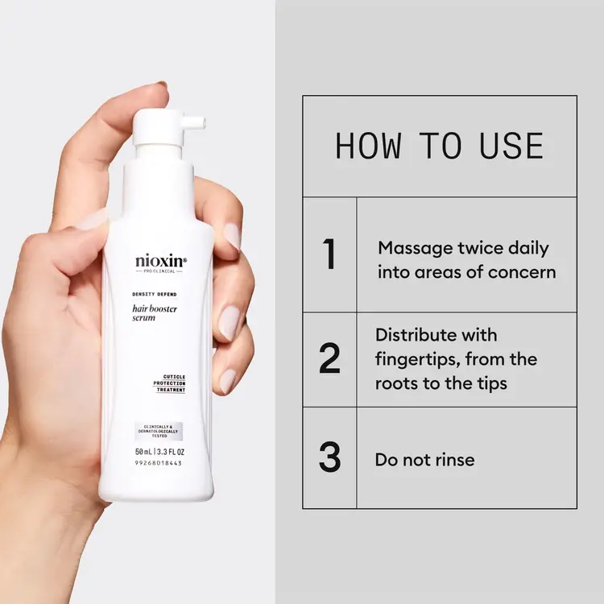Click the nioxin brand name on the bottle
159,261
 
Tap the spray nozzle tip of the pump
201,122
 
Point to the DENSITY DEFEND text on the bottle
155,296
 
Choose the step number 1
329,254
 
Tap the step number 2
329,358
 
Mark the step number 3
329,457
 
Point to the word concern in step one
523,272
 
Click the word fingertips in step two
420,359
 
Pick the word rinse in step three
453,461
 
